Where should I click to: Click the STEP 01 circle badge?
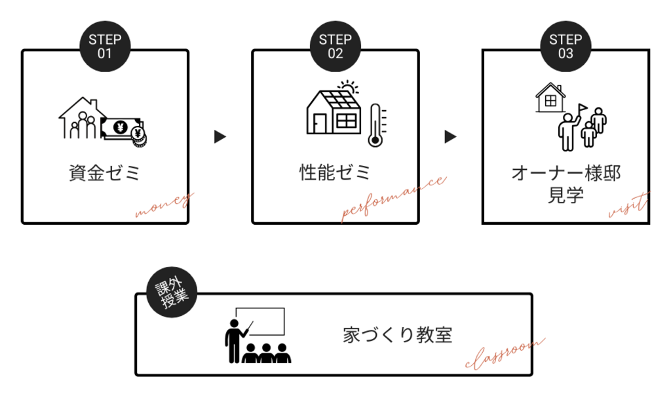(105, 47)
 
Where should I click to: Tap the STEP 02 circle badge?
(335, 47)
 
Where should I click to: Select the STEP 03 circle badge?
(566, 47)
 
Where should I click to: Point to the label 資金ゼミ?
(105, 174)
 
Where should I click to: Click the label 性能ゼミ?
(335, 172)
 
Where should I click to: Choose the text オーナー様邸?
(566, 173)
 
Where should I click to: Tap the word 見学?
(566, 195)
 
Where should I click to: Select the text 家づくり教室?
(398, 334)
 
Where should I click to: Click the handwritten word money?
(164, 205)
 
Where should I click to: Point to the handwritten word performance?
(393, 199)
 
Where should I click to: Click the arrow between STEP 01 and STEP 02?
(220, 137)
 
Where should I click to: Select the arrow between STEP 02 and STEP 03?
(450, 137)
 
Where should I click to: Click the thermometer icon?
(375, 125)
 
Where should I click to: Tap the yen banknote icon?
(122, 127)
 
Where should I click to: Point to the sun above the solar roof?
(348, 89)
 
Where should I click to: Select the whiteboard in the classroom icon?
(261, 321)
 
